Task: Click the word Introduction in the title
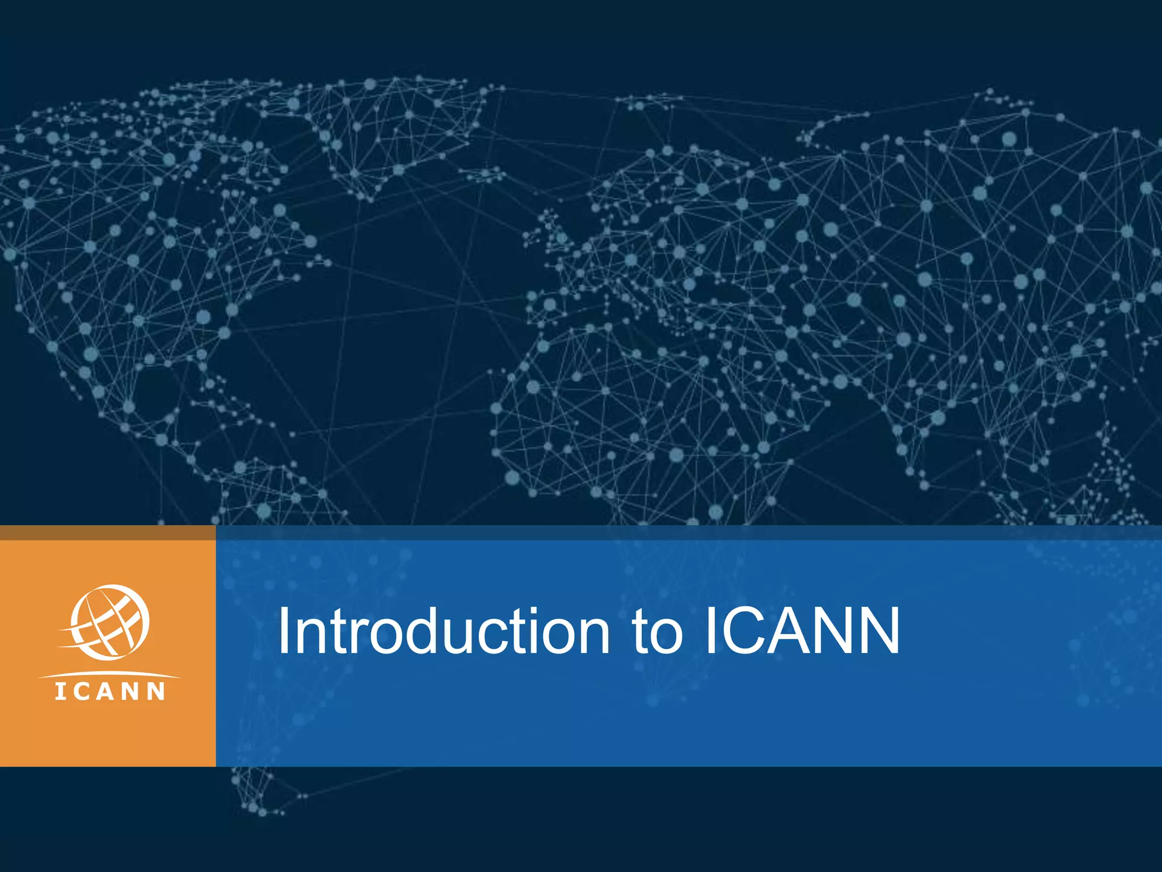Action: coord(443,631)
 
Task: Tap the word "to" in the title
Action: coord(658,631)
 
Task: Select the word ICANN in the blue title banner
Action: coord(802,631)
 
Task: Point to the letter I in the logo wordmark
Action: coord(60,691)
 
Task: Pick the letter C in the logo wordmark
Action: coord(81,691)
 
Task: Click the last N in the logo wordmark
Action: coord(157,691)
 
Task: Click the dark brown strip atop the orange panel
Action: coord(108,533)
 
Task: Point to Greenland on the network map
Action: coord(397,131)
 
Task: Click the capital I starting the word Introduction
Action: coord(284,631)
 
